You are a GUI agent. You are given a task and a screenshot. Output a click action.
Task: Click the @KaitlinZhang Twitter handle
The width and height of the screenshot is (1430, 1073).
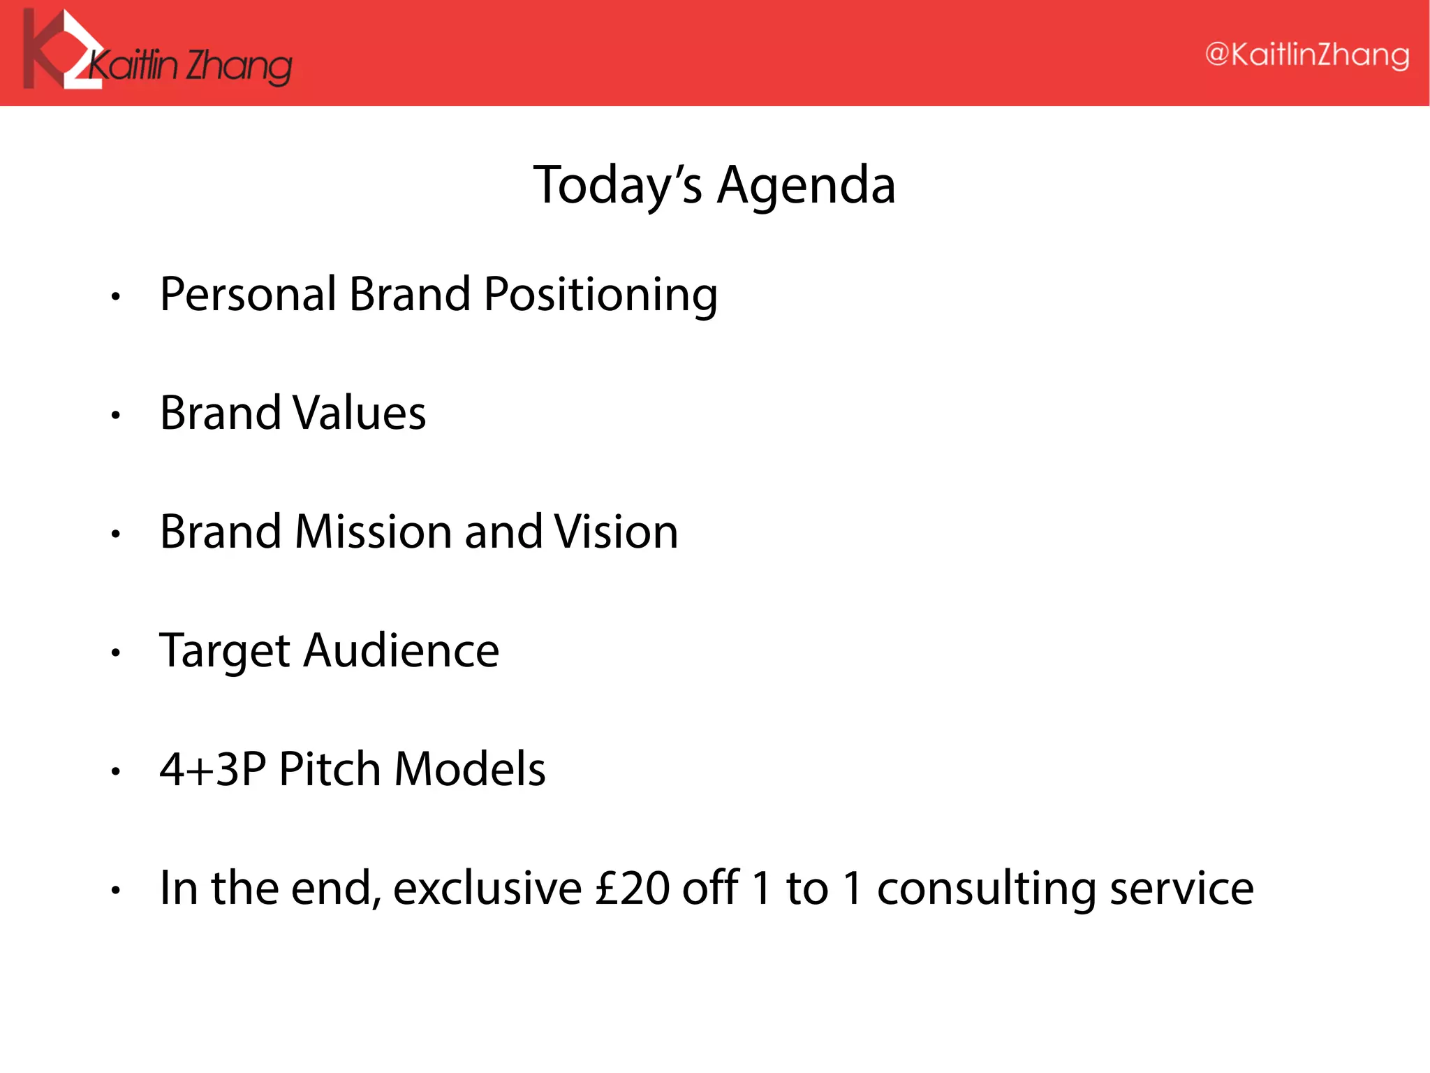coord(1306,55)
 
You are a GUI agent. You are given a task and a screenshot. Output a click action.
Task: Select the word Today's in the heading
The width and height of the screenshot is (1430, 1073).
coord(617,186)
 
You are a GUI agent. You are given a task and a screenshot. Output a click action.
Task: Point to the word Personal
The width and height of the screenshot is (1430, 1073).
coord(249,294)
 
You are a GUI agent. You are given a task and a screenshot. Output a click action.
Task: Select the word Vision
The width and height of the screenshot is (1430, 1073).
coord(616,532)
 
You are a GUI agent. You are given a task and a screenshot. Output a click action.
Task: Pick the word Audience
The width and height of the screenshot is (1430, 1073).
coord(401,650)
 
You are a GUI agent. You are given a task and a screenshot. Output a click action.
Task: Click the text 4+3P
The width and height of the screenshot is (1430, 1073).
coord(213,769)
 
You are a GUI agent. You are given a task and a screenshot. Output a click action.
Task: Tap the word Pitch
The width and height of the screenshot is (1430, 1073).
coord(330,769)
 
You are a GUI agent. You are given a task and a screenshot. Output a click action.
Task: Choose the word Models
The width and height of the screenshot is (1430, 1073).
coord(470,769)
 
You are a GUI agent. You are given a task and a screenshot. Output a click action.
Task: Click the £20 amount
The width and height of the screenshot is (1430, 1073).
coord(633,889)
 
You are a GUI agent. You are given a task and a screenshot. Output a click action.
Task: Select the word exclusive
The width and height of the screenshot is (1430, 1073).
coord(487,889)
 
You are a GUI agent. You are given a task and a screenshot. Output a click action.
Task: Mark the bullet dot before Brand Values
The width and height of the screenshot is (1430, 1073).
coord(116,416)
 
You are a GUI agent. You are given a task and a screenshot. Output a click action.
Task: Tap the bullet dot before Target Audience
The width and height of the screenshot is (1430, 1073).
coord(116,653)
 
